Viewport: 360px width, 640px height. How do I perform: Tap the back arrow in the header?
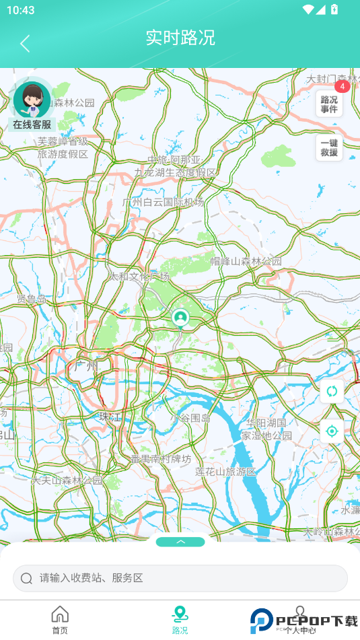pyautogui.click(x=25, y=44)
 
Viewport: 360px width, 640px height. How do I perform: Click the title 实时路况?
pyautogui.click(x=180, y=38)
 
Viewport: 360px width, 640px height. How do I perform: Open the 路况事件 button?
pyautogui.click(x=329, y=104)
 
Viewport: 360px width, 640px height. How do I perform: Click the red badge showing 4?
pyautogui.click(x=342, y=86)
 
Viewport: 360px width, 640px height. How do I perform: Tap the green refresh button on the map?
pyautogui.click(x=332, y=391)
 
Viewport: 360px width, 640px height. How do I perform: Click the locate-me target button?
pyautogui.click(x=332, y=431)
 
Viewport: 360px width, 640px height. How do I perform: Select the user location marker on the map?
pyautogui.click(x=180, y=317)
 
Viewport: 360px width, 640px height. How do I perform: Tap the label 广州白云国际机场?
pyautogui.click(x=163, y=202)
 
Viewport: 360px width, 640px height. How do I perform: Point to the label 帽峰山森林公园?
pyautogui.click(x=246, y=261)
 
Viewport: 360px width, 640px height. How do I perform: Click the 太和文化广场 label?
pyautogui.click(x=139, y=276)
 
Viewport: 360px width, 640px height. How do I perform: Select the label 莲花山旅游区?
pyautogui.click(x=226, y=471)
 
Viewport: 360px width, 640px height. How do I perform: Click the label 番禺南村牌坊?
pyautogui.click(x=161, y=459)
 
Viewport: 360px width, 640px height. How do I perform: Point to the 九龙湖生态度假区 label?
pyautogui.click(x=176, y=172)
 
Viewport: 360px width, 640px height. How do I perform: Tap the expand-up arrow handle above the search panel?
pyautogui.click(x=180, y=542)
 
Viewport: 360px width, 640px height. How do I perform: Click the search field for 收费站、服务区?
pyautogui.click(x=180, y=578)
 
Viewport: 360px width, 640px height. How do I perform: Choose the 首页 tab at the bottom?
pyautogui.click(x=60, y=620)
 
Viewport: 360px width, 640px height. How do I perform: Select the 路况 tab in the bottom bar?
pyautogui.click(x=180, y=620)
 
